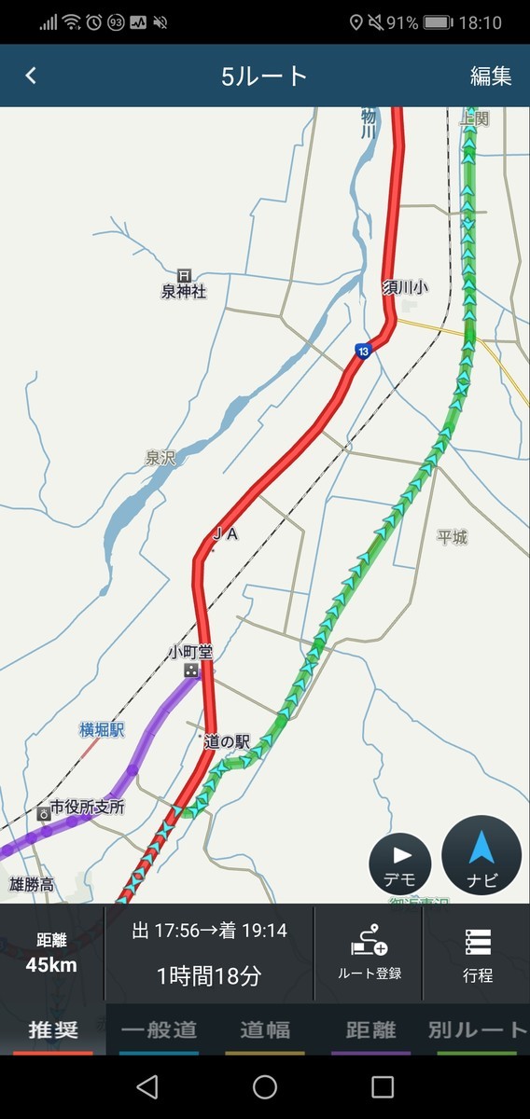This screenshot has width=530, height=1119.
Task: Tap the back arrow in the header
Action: pos(31,76)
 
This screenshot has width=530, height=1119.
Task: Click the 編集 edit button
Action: pos(491,76)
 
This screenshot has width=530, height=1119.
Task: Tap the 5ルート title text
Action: pos(264,76)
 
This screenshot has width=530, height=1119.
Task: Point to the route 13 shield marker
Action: pos(362,351)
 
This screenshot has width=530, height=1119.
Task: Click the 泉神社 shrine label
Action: pos(184,291)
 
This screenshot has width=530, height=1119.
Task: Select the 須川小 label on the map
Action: pos(405,288)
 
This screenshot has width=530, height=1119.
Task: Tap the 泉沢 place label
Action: pos(160,458)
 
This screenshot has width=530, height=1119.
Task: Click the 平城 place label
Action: pos(453,537)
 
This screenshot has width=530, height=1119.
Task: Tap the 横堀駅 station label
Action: pos(102,731)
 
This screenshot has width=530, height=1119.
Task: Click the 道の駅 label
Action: pos(229,742)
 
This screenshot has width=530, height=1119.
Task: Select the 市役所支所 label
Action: pos(87,808)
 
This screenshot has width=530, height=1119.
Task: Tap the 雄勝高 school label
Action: pos(32,884)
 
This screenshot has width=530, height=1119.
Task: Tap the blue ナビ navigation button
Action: pos(481,855)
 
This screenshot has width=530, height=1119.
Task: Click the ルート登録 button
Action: pos(370,953)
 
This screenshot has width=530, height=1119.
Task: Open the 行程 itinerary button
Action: pos(477,953)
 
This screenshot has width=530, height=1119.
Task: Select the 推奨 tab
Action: pos(53,1029)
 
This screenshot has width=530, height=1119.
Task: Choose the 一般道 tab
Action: pos(160,1029)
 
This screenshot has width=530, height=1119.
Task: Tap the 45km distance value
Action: pos(51,965)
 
